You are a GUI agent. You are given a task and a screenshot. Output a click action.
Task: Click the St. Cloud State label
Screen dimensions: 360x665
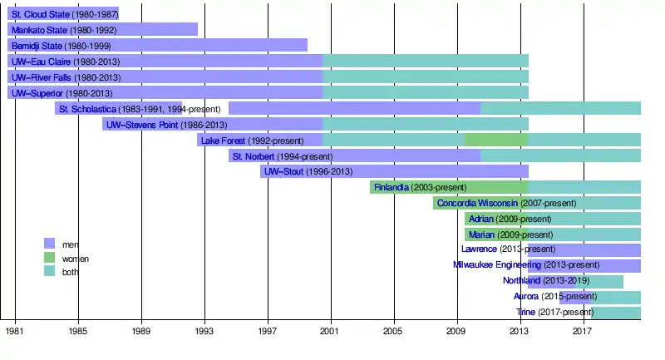click(x=39, y=14)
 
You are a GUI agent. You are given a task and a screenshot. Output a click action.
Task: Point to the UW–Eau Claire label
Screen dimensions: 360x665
click(x=42, y=62)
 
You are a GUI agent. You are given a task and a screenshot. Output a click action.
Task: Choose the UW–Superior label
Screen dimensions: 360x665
click(x=38, y=93)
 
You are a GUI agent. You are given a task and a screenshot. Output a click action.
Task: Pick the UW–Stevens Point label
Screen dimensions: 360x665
click(x=139, y=125)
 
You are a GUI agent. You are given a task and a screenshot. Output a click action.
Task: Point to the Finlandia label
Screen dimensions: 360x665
click(x=392, y=188)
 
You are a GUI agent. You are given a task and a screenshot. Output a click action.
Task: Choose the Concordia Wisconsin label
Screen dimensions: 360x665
click(x=478, y=204)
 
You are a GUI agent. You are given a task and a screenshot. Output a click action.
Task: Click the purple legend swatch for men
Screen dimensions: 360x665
click(x=49, y=244)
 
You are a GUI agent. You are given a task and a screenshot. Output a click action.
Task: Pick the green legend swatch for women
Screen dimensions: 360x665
click(x=49, y=258)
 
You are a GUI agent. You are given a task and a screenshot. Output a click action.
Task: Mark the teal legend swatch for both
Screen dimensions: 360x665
click(x=49, y=272)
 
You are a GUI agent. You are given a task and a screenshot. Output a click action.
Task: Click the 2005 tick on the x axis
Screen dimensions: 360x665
click(x=393, y=321)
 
